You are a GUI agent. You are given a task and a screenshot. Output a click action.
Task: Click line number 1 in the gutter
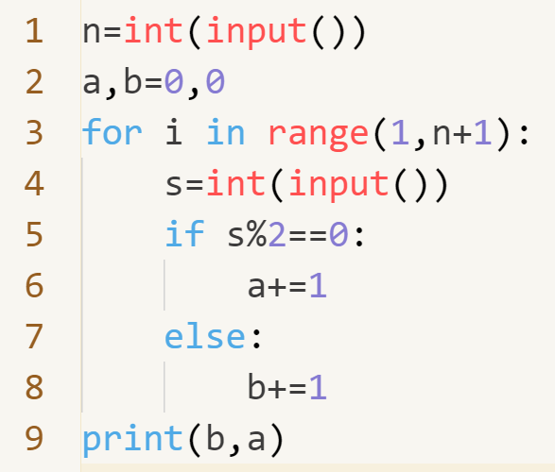click(x=35, y=31)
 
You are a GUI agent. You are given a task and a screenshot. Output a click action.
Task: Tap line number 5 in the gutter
click(x=34, y=234)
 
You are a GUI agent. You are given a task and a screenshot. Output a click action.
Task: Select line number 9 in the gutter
click(x=34, y=438)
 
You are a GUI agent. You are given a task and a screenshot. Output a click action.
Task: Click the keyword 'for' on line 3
click(x=113, y=131)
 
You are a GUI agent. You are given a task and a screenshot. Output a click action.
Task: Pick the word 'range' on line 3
click(x=319, y=136)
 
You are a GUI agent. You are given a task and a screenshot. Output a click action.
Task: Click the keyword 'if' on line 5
click(x=184, y=232)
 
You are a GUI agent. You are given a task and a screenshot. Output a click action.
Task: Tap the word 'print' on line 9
click(x=132, y=440)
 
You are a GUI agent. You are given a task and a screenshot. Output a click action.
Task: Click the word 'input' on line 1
click(x=256, y=33)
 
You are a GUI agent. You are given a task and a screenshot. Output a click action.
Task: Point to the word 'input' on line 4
click(x=338, y=185)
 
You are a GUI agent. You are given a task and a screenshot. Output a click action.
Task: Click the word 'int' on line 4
click(x=236, y=182)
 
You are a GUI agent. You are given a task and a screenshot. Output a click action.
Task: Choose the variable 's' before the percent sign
click(x=235, y=236)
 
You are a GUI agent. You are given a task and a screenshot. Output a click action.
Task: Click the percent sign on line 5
click(x=256, y=233)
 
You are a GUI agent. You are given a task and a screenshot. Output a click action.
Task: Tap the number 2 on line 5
click(x=277, y=233)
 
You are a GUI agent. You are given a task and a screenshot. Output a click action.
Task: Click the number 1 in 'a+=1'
click(x=318, y=285)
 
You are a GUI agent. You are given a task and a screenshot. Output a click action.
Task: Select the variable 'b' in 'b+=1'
click(x=257, y=385)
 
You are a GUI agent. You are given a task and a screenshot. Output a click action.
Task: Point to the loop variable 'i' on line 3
click(x=174, y=131)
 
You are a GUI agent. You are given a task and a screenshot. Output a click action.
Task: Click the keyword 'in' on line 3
click(x=225, y=131)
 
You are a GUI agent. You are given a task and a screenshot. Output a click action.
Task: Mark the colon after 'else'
click(x=256, y=339)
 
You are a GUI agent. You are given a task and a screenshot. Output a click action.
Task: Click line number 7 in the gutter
click(x=34, y=336)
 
